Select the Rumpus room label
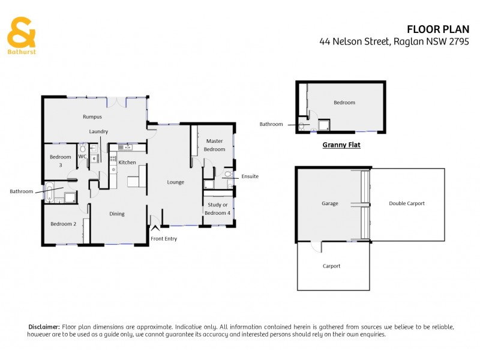click(92, 116)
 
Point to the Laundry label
click(98, 131)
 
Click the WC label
click(83, 157)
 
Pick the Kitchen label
click(127, 163)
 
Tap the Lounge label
click(175, 182)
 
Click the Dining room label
click(116, 214)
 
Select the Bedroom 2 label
click(62, 224)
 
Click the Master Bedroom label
click(214, 145)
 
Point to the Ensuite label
click(250, 177)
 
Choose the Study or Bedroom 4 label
click(218, 209)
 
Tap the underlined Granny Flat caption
click(341, 145)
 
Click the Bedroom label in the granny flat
click(344, 103)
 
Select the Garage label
click(329, 203)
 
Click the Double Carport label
click(406, 203)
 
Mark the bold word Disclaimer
click(44, 326)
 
